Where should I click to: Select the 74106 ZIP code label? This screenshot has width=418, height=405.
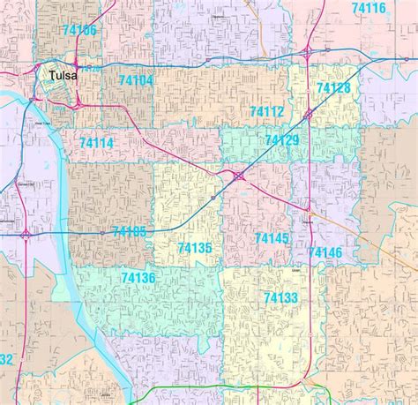[79, 31]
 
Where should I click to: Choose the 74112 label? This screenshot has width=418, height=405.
[266, 112]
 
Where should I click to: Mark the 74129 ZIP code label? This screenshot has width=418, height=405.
[281, 140]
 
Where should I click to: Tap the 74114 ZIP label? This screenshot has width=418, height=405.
[96, 143]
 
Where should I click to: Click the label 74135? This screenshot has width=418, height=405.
[194, 248]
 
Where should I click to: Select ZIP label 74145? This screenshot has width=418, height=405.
[272, 238]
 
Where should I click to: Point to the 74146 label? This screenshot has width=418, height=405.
[325, 252]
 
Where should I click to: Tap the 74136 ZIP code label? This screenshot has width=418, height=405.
[138, 278]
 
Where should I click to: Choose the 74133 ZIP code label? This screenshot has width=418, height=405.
[280, 298]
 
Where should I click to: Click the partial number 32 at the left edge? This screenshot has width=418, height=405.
[6, 359]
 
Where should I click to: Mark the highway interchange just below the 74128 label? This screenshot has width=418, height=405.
[309, 114]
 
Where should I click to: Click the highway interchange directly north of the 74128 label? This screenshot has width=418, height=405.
[307, 53]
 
